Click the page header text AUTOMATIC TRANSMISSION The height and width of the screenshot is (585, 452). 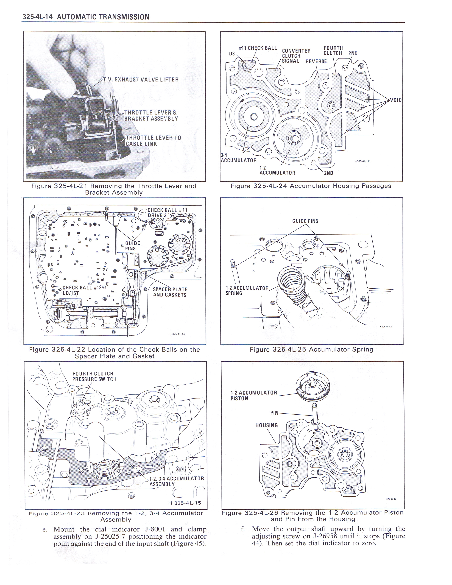point(103,17)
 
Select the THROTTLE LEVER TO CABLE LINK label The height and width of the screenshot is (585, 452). point(153,141)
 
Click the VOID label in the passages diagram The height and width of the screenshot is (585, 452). point(396,100)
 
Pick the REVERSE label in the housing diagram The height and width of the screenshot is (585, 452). point(316,61)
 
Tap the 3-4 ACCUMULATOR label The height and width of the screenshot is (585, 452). point(238,158)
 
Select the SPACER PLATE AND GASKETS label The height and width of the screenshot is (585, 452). point(170,292)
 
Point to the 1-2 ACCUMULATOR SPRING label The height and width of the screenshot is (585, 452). point(246,290)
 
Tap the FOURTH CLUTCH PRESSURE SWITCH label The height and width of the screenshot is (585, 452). point(94,376)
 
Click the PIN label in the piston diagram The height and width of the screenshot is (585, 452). point(274,413)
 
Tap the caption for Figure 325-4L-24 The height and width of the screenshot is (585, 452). point(311,186)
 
